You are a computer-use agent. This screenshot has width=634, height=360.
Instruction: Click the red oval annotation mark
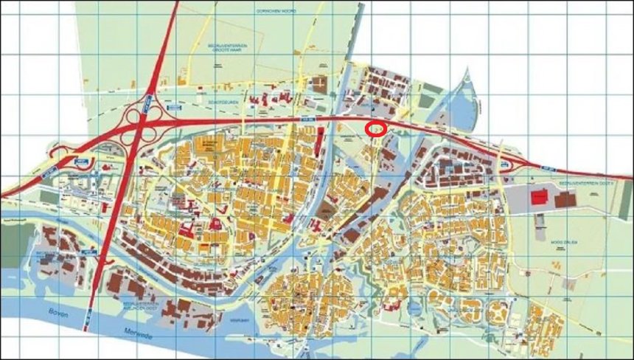click(x=376, y=129)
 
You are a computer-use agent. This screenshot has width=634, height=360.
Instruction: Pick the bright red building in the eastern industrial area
click(x=540, y=196)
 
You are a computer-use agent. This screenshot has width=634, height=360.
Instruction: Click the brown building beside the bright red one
click(x=566, y=199)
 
